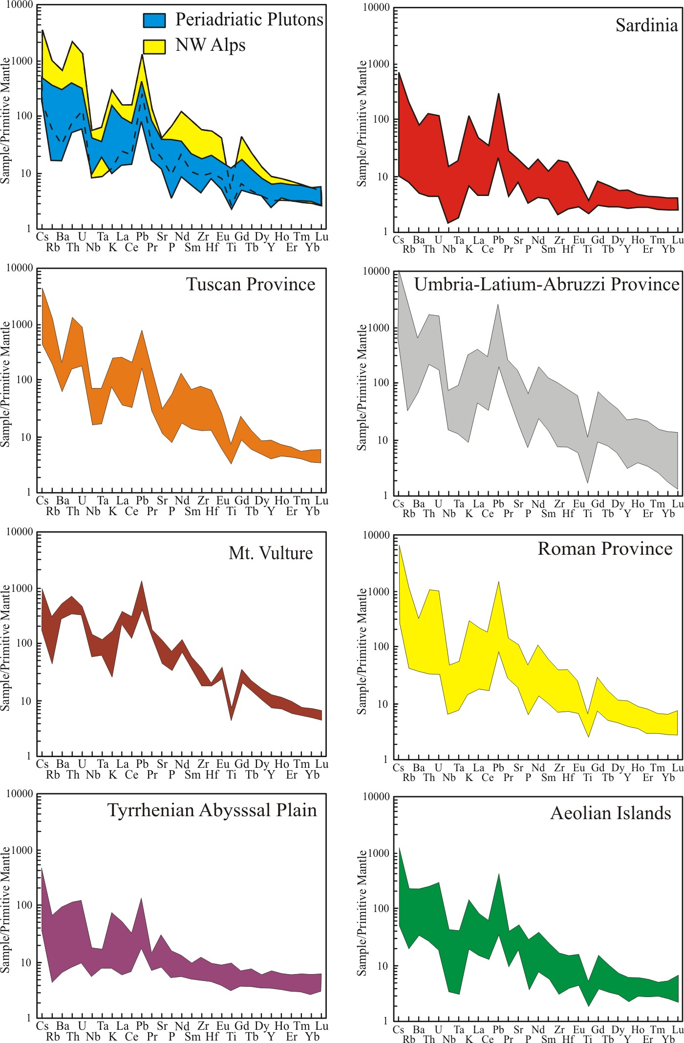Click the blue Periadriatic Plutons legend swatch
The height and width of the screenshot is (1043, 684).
[154, 20]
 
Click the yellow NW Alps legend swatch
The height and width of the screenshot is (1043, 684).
[154, 46]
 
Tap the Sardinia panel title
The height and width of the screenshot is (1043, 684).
[646, 25]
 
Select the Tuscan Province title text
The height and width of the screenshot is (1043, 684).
[251, 284]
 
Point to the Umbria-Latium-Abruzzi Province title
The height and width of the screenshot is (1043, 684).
[547, 284]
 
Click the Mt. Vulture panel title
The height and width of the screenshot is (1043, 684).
[271, 553]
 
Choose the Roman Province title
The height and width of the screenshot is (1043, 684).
[605, 549]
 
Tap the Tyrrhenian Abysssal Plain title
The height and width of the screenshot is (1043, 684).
[212, 810]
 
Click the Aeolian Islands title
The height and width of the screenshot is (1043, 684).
[611, 813]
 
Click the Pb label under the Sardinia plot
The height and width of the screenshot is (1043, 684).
[498, 240]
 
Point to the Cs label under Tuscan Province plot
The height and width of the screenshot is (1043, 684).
[43, 500]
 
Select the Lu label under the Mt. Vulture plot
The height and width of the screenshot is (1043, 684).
[321, 764]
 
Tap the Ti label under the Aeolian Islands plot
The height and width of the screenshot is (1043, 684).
[588, 1039]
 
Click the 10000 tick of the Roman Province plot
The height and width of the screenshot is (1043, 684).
[376, 535]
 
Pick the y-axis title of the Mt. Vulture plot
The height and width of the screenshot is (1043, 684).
[5, 648]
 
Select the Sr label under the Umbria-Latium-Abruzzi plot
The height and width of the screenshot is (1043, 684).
[518, 504]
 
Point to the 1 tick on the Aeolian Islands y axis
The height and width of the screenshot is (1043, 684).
[385, 1021]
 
